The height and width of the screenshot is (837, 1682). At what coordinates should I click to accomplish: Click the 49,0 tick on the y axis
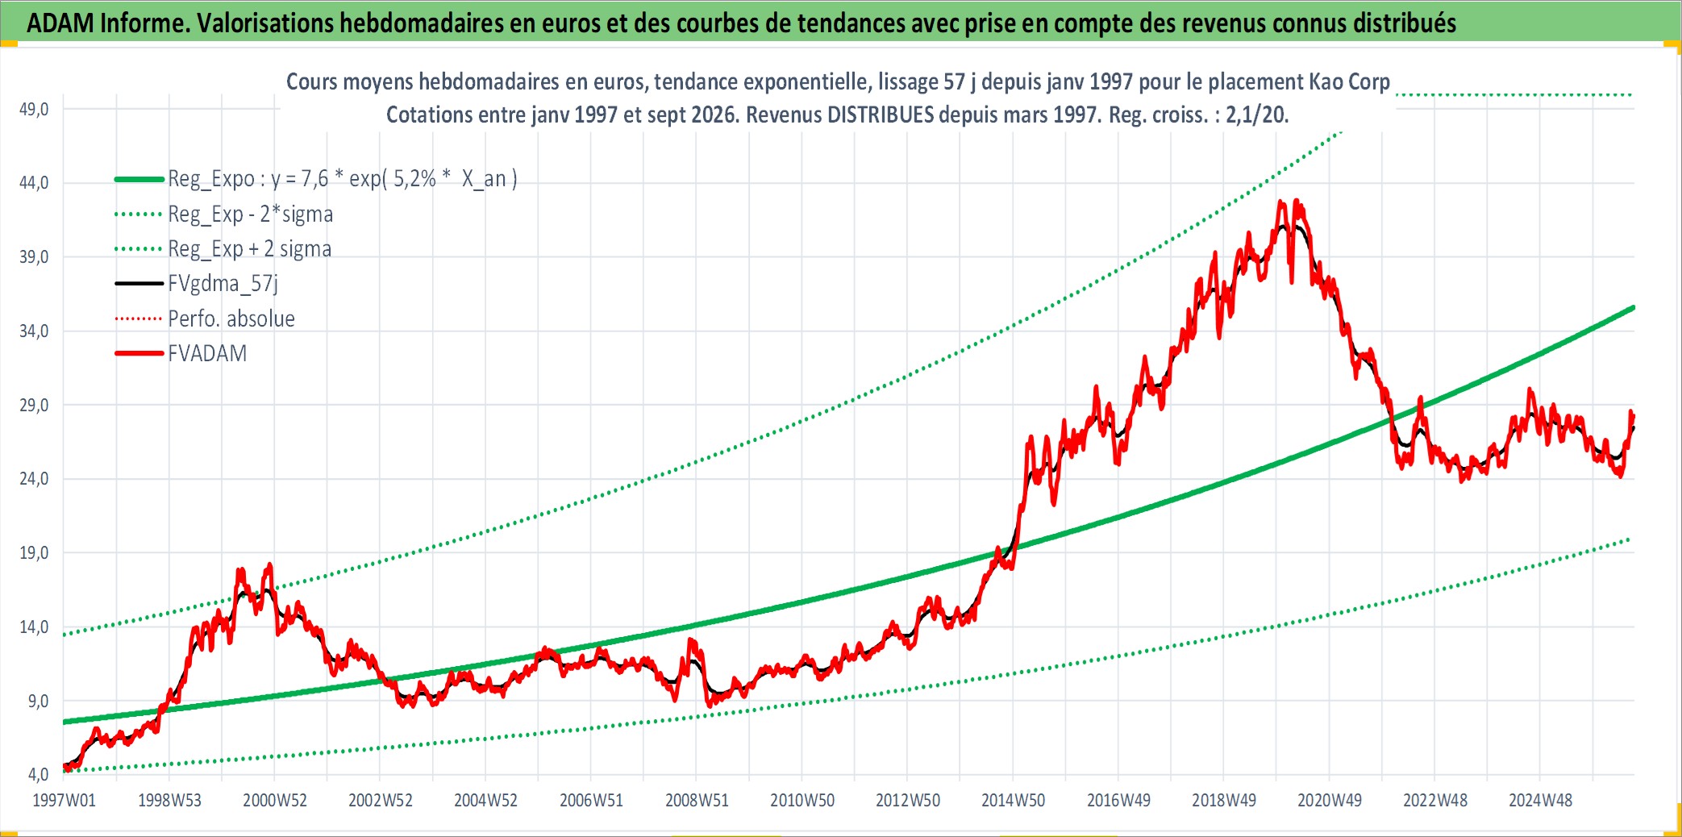[34, 109]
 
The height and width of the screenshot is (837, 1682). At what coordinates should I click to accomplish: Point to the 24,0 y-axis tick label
[34, 479]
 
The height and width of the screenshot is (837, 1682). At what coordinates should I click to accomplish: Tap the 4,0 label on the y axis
[38, 775]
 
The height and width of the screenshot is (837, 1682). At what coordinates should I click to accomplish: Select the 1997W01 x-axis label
[64, 801]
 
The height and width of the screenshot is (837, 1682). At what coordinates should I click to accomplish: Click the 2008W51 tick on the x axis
[697, 801]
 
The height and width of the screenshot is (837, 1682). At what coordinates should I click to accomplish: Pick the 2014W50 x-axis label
[1013, 801]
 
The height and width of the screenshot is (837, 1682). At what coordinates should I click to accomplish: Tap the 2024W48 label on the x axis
[1540, 801]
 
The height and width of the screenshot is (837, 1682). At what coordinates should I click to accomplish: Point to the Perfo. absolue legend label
[231, 319]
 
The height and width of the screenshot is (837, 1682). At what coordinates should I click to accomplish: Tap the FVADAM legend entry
[207, 354]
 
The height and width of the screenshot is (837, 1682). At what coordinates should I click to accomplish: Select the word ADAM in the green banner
[60, 23]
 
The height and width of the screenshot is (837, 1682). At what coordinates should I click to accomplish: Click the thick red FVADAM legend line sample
[139, 354]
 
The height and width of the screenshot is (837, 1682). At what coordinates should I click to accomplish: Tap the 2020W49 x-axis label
[1329, 801]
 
